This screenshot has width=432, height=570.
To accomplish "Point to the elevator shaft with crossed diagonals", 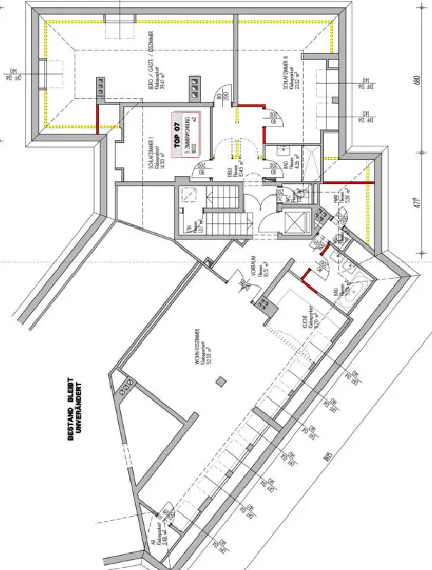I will click(x=294, y=221).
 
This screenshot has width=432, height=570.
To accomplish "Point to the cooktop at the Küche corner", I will click(x=267, y=305).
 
